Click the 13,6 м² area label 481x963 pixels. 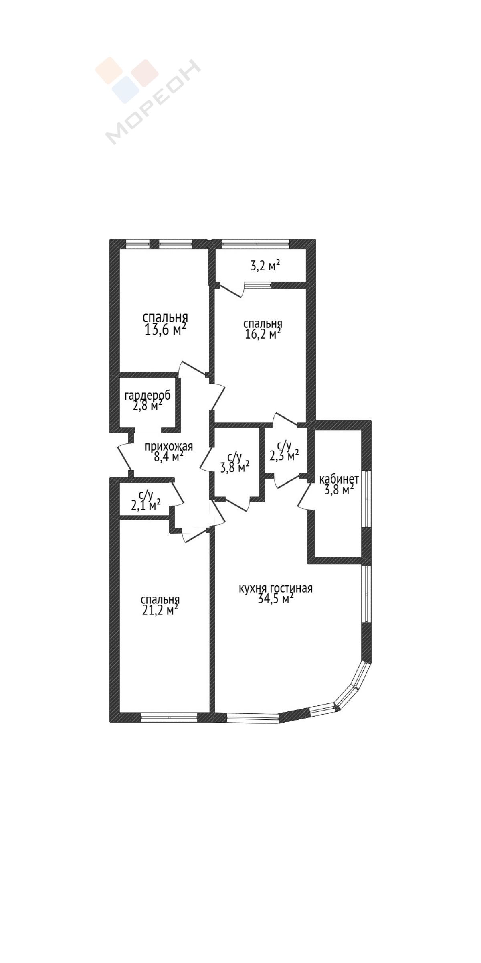point(165,330)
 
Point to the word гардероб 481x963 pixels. point(148,396)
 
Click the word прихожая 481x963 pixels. point(169,446)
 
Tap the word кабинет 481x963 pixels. point(339,479)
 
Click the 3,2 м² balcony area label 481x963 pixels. point(265,266)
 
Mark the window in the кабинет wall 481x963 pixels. point(366,498)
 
